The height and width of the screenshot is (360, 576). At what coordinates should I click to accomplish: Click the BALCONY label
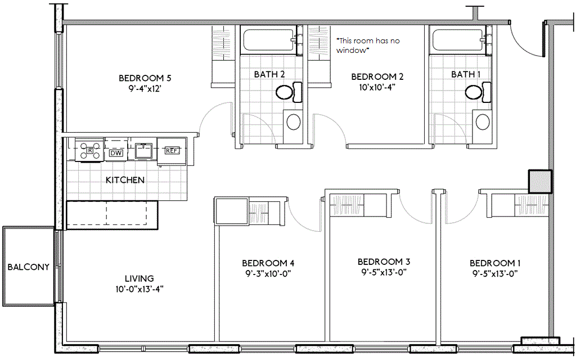click(x=29, y=267)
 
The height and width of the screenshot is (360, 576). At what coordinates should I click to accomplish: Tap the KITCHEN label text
click(x=125, y=180)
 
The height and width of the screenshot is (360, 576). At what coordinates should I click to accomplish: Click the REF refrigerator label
click(x=172, y=151)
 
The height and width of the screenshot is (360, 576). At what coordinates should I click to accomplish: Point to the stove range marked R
click(x=90, y=150)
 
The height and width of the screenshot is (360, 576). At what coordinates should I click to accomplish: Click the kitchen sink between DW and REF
click(x=143, y=151)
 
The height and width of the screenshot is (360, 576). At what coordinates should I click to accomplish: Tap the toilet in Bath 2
click(x=289, y=92)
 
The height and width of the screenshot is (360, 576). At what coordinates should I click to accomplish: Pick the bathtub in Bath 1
click(x=459, y=40)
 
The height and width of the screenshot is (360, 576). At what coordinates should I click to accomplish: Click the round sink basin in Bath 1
click(x=482, y=122)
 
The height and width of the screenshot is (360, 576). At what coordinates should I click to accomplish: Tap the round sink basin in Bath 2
click(x=294, y=122)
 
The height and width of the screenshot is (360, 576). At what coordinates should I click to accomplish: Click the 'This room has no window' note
click(x=368, y=46)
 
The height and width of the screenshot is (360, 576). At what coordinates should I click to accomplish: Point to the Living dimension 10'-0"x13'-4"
click(x=139, y=289)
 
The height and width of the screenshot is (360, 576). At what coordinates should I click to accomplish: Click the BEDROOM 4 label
click(x=268, y=263)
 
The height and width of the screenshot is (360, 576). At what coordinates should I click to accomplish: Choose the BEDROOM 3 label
click(x=384, y=262)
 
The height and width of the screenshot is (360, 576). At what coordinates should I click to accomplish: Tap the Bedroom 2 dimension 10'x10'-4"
click(x=377, y=87)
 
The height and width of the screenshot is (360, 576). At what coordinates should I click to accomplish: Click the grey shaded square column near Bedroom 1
click(x=540, y=182)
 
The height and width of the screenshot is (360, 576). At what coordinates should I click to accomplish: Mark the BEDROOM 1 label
click(x=495, y=263)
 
